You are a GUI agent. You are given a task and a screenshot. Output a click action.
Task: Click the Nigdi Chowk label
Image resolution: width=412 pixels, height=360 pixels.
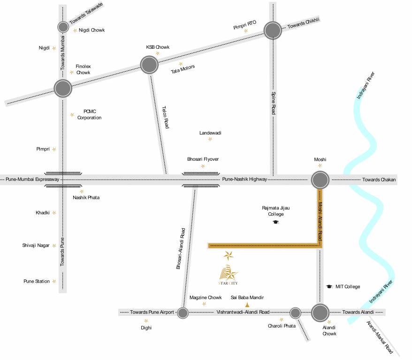click(92, 30)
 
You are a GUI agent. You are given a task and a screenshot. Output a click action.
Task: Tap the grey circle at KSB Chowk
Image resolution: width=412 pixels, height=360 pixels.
click(150, 65)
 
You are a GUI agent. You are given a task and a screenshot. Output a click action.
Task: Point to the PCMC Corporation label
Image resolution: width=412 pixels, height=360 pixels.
click(89, 114)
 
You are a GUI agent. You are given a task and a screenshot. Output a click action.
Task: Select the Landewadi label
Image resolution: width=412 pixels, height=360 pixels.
click(210, 133)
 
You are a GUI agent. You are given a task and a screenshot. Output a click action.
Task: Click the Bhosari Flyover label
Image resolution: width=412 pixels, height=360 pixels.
click(203, 159)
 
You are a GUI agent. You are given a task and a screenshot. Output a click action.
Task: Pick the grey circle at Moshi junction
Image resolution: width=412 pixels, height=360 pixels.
click(320, 180)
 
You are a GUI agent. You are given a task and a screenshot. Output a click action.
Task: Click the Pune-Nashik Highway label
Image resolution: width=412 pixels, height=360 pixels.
click(244, 180)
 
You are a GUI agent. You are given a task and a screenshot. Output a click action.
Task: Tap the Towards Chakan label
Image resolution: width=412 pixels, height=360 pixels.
click(379, 180)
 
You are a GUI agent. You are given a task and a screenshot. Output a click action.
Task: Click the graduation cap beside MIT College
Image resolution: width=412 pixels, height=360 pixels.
click(329, 286)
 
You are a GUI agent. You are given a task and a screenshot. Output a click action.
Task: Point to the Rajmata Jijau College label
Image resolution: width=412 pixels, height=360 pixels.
click(273, 211)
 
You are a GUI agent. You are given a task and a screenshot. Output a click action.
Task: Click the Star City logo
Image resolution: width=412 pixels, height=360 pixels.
click(229, 274)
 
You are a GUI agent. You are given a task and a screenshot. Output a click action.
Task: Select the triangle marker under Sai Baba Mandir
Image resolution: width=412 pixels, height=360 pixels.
click(247, 305)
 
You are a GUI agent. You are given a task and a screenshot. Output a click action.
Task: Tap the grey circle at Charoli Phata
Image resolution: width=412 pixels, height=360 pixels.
click(295, 313)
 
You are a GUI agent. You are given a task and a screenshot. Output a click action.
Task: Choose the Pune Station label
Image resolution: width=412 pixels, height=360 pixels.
click(37, 281)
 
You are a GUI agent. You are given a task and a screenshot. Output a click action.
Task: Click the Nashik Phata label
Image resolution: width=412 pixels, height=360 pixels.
click(86, 197)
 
